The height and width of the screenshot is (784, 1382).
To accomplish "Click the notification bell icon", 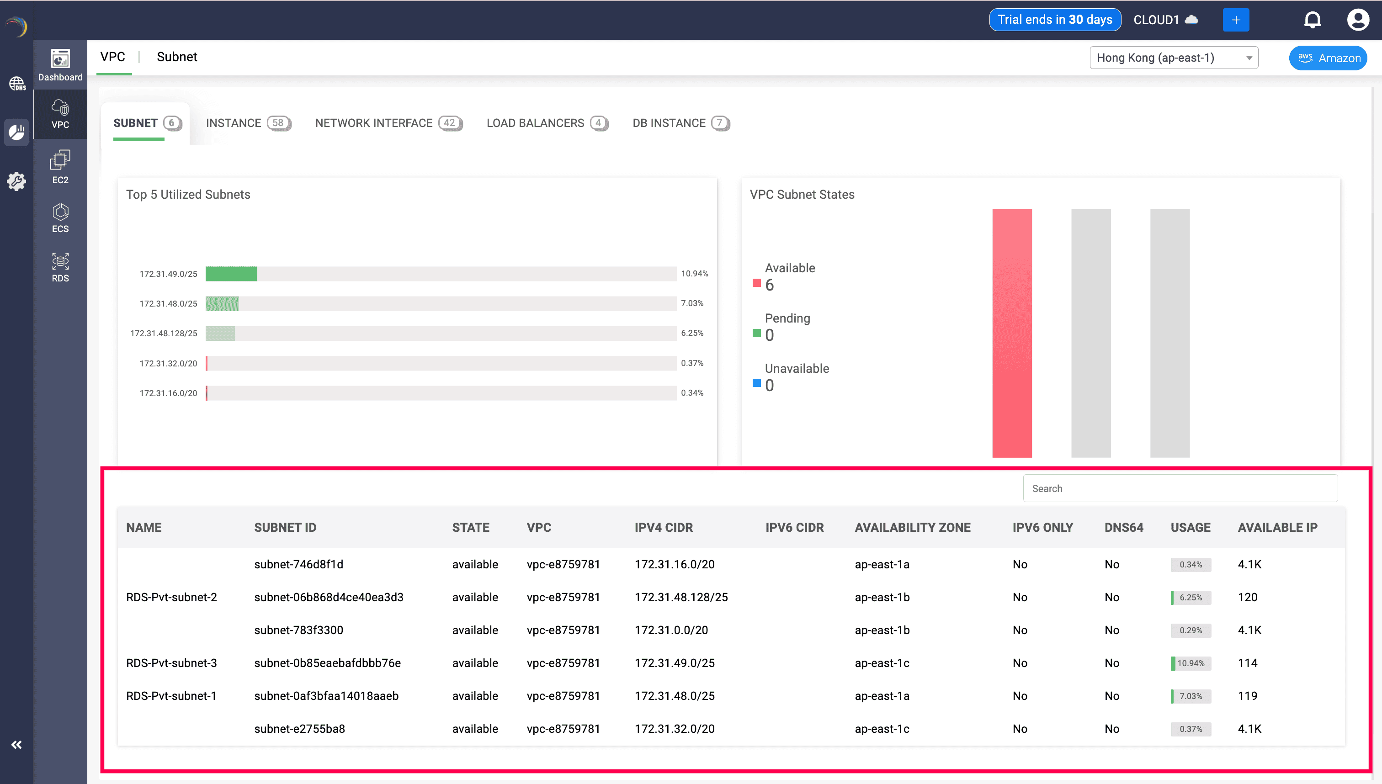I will pyautogui.click(x=1312, y=20).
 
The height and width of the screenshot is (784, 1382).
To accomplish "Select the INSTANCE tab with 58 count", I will pyautogui.click(x=248, y=123).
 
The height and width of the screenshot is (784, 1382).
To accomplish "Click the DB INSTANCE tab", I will pyautogui.click(x=680, y=123).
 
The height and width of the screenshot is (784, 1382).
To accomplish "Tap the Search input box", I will pyautogui.click(x=1180, y=488).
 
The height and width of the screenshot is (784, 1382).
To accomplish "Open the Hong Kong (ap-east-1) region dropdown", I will pyautogui.click(x=1174, y=58).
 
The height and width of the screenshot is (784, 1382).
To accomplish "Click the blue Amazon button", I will pyautogui.click(x=1328, y=58).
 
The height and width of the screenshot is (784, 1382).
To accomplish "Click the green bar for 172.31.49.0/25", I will pyautogui.click(x=231, y=274).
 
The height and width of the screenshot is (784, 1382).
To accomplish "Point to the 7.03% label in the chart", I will pyautogui.click(x=692, y=303).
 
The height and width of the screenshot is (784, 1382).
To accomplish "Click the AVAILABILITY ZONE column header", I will pyautogui.click(x=912, y=528).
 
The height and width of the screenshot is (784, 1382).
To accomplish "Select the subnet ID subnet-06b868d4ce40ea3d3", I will pyautogui.click(x=329, y=597).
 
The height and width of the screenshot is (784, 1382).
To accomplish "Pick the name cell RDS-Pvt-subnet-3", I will pyautogui.click(x=171, y=663).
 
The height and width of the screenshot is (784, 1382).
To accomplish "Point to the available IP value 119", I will pyautogui.click(x=1247, y=696).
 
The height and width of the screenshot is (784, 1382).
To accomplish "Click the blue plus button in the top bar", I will pyautogui.click(x=1235, y=20).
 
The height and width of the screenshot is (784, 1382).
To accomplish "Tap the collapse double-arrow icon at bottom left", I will pyautogui.click(x=17, y=745).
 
